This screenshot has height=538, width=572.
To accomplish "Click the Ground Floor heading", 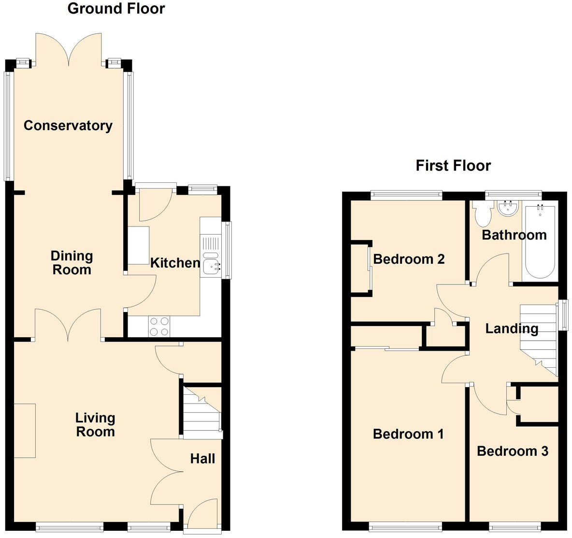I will click(116, 9).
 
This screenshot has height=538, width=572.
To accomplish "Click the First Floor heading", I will click(453, 165).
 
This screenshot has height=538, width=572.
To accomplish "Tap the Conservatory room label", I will click(68, 126).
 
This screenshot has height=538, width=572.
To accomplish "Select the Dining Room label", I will click(71, 263).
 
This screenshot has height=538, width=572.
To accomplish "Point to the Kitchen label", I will click(175, 263).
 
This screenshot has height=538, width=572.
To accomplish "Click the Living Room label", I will click(95, 424).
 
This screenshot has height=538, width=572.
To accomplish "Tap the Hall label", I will click(202, 459).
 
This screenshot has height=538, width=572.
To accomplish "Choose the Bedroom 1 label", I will click(408, 434).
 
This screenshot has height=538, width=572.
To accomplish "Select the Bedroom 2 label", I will click(409, 259).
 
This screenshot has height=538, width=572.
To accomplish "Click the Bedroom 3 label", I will click(512, 451).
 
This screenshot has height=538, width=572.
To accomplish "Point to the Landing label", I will click(511, 329).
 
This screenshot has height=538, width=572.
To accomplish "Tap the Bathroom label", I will click(514, 235).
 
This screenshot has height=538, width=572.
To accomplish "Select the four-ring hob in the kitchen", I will click(159, 326).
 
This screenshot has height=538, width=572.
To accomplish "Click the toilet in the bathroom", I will click(482, 214).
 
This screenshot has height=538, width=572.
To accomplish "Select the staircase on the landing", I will click(538, 339).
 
